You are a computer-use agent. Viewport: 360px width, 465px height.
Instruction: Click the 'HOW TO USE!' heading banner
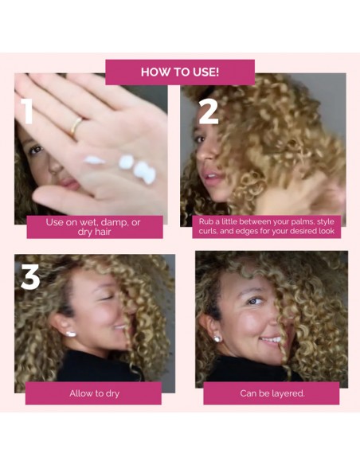pyautogui.click(x=179, y=72)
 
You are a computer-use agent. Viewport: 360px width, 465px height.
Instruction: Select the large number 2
pyautogui.click(x=208, y=110)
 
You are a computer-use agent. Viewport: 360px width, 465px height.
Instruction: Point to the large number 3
pyautogui.click(x=30, y=276)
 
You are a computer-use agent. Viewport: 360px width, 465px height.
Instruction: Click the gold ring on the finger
pyautogui.click(x=76, y=126)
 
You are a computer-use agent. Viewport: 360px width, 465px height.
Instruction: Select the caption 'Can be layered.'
pyautogui.click(x=272, y=393)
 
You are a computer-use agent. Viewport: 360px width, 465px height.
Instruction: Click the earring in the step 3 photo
pyautogui.click(x=72, y=334)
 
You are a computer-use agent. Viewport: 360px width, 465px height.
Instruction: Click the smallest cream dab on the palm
pyautogui.click(x=95, y=160)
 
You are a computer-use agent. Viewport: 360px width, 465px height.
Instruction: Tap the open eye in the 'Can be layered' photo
pyautogui.click(x=253, y=301)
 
